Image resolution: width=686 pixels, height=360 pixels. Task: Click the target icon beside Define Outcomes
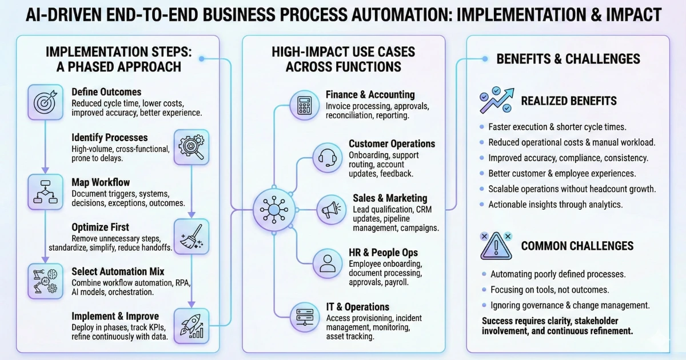click(45, 102)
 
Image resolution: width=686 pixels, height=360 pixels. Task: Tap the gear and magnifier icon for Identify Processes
click(191, 147)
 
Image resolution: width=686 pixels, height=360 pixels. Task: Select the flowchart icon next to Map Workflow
click(45, 192)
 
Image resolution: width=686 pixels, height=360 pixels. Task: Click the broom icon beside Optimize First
click(191, 237)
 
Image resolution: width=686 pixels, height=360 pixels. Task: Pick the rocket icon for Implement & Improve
click(191, 326)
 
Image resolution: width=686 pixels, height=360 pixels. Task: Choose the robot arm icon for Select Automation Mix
click(45, 281)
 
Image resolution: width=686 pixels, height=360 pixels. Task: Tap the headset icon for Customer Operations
click(328, 156)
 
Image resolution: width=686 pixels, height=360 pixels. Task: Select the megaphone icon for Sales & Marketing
click(332, 210)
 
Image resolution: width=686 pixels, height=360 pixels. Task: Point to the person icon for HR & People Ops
click(328, 263)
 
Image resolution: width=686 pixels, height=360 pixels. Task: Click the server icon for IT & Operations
click(304, 317)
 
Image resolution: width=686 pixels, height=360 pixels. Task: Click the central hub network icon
click(273, 210)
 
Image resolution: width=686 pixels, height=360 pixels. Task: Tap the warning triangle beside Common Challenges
click(496, 246)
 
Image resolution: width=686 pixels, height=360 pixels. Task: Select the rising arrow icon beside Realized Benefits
click(496, 101)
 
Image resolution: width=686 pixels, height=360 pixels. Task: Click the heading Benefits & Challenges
click(568, 59)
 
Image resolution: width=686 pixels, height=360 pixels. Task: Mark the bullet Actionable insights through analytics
click(555, 205)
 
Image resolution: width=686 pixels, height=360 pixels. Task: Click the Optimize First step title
click(101, 227)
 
